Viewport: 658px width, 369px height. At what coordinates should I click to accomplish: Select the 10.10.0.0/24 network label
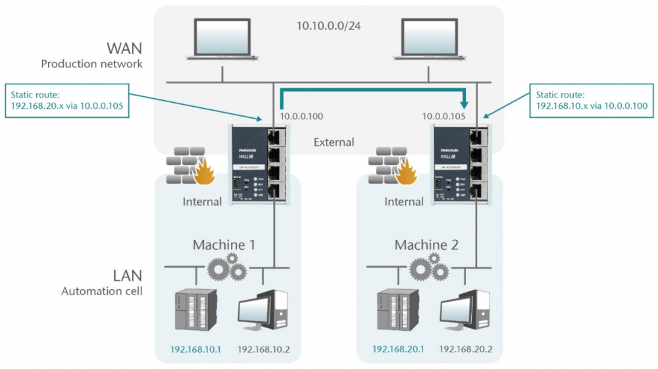tap(330, 28)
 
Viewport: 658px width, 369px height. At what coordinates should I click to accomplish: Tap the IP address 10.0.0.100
tap(301, 117)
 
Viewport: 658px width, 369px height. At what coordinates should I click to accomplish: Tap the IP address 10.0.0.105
tap(444, 117)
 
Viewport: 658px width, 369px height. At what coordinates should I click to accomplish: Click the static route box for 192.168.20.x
tap(66, 101)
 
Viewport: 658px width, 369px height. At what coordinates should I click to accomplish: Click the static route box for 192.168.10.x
tap(592, 101)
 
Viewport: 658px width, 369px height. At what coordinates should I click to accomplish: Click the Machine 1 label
tap(223, 245)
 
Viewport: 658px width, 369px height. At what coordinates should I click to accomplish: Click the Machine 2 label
tap(426, 245)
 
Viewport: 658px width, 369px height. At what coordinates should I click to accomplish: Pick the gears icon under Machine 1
tap(227, 268)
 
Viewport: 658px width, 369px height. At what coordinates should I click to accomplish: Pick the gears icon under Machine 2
tap(429, 268)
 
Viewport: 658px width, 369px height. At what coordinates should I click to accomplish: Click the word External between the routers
tap(334, 142)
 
